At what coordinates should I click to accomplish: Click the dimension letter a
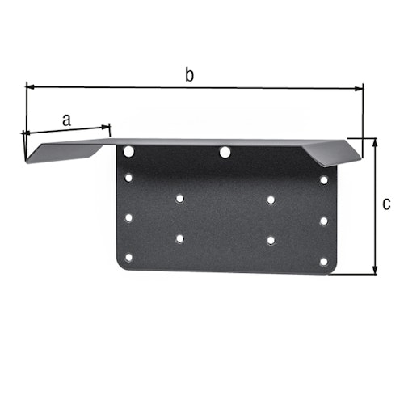[66, 119]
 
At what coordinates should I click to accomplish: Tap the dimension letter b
[190, 75]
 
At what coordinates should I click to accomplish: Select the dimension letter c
[386, 204]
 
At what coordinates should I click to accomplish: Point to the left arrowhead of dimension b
[31, 84]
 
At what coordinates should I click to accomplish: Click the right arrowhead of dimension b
[359, 88]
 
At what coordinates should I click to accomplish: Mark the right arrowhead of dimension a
[106, 126]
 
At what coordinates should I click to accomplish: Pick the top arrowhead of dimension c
[375, 141]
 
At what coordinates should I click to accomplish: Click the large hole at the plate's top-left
[128, 150]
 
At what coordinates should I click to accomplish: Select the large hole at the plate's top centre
[225, 151]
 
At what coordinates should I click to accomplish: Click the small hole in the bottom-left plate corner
[128, 258]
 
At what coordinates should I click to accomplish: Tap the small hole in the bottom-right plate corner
[323, 261]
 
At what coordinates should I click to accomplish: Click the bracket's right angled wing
[331, 151]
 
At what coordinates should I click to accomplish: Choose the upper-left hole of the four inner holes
[179, 197]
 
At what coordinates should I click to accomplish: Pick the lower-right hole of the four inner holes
[270, 239]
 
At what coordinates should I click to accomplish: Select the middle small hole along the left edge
[128, 217]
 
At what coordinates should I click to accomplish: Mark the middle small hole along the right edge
[323, 220]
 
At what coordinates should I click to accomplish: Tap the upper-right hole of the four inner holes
[270, 199]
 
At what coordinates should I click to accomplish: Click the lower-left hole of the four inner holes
[179, 238]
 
